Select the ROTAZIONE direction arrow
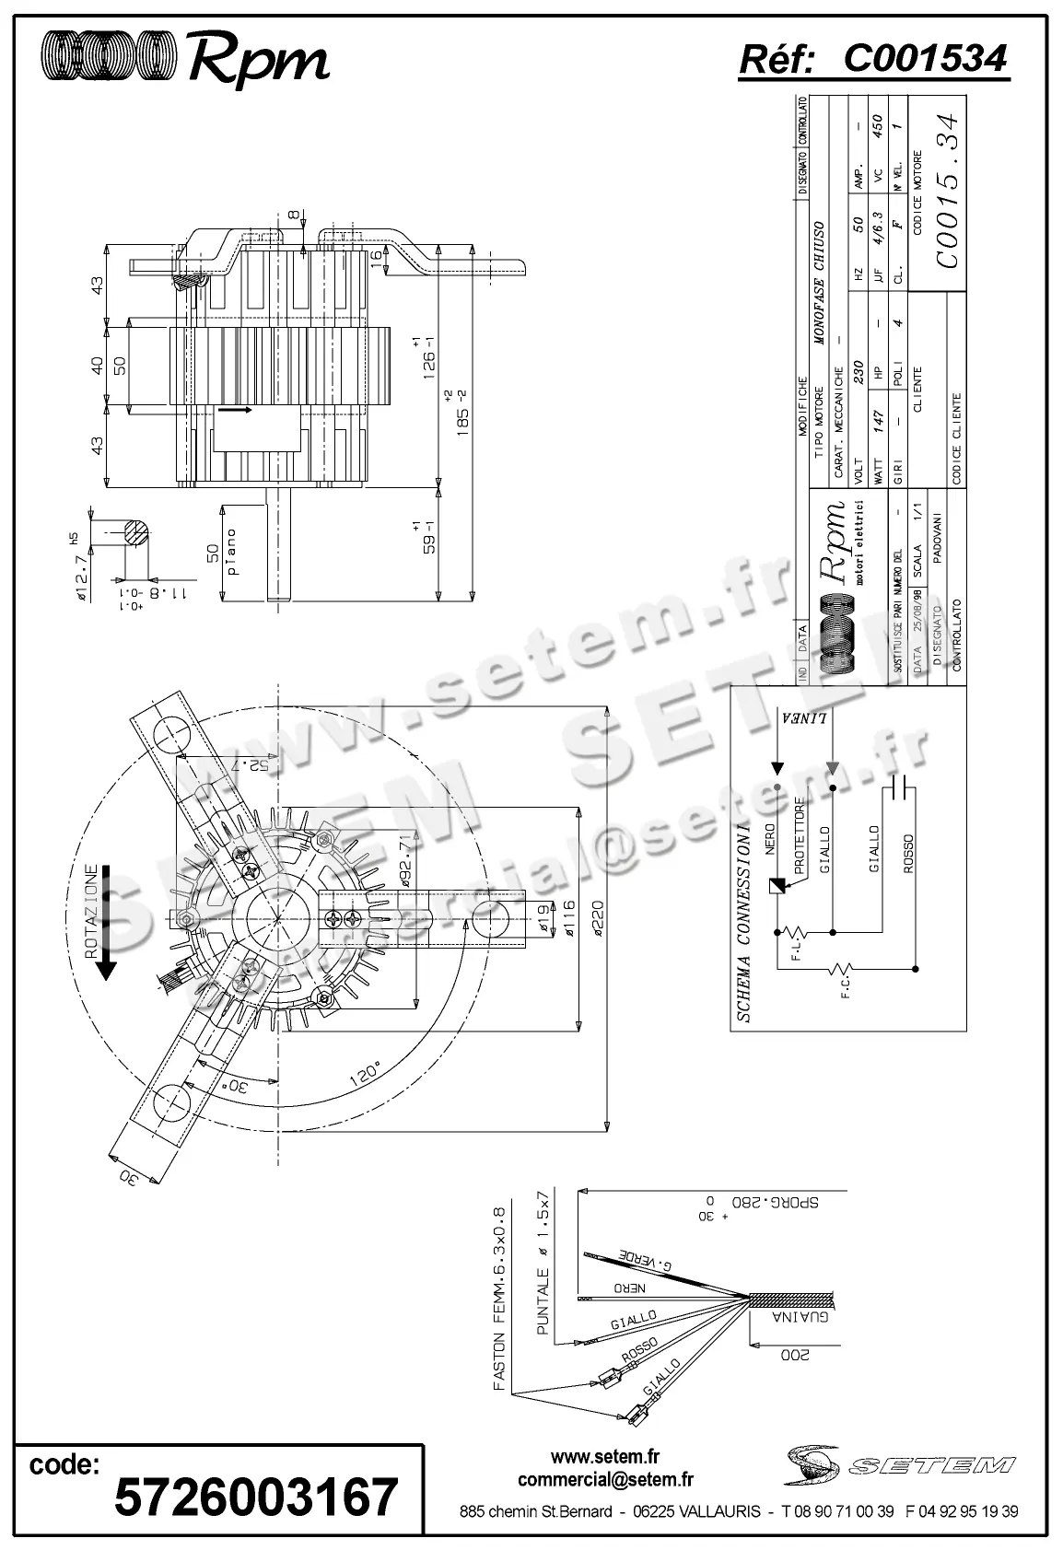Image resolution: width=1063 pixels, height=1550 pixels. [107, 921]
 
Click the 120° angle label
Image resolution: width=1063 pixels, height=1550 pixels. [366, 1075]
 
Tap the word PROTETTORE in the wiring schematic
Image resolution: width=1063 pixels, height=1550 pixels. [800, 836]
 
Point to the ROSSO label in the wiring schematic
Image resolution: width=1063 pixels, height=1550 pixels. [907, 855]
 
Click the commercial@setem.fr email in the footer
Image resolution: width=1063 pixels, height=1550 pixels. [605, 1480]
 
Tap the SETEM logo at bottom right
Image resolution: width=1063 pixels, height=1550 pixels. [897, 1463]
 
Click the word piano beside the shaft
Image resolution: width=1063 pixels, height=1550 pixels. [232, 552]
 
